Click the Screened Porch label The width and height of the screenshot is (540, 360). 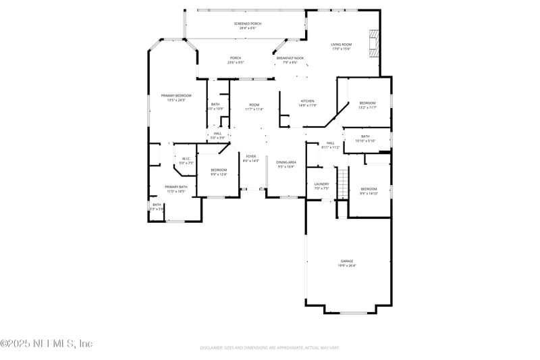248,24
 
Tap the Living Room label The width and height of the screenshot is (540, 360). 342,45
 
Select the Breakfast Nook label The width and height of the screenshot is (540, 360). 290,58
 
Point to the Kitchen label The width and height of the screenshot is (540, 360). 307,101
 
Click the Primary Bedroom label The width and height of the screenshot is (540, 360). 175,96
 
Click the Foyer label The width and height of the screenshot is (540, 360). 250,156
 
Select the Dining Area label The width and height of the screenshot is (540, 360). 286,162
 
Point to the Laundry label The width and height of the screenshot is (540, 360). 321,184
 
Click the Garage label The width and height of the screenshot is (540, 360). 347,261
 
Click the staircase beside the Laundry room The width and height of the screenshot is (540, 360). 342,182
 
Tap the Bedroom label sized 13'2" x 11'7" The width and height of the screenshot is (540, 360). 367,103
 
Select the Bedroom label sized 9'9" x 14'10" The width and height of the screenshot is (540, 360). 369,189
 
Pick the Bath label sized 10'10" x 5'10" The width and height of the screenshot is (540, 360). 365,136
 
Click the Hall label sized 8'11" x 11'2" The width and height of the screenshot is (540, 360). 331,143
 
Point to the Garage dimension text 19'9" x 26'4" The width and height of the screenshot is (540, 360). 347,265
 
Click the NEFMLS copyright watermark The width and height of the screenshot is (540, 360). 46,344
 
